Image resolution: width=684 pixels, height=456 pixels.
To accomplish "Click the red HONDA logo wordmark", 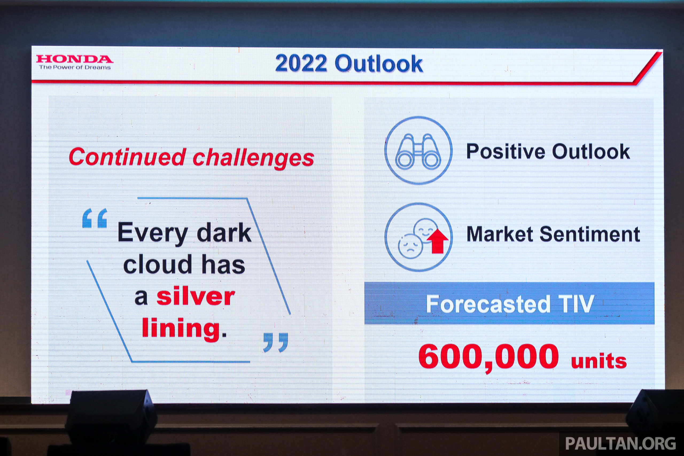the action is coord(75,59).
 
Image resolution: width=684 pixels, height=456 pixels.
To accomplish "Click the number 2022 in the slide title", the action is coord(301,63).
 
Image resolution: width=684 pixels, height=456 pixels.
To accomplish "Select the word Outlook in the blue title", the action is coord(379,63).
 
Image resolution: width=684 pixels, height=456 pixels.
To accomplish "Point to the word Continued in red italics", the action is coord(127,157).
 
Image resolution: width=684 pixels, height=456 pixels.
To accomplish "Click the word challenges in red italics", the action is coord(253,158).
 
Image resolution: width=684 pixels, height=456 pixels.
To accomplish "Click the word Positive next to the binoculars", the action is coord(506,151).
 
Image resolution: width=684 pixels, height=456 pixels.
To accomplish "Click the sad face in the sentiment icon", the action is coord(410,246).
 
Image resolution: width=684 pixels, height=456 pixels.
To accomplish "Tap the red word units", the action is coord(599,361).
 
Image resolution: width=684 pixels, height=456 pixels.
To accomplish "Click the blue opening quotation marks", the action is coord(95,218).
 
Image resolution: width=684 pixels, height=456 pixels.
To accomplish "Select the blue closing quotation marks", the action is coord(275,342).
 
